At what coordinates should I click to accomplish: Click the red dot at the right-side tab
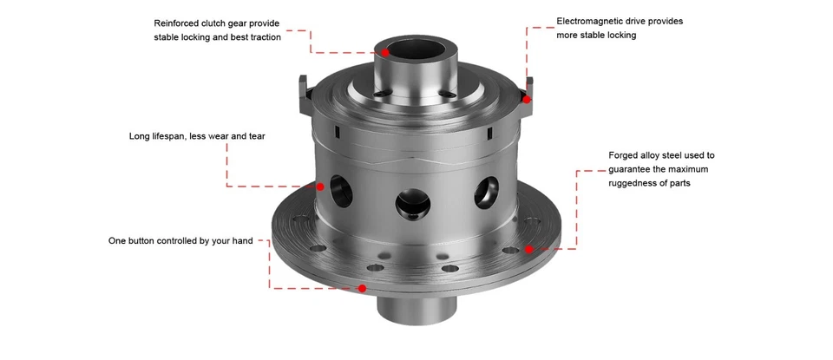(527, 99)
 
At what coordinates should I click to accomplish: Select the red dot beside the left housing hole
(320, 186)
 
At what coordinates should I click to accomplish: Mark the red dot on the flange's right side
(528, 249)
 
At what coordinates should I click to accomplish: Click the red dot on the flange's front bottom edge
(362, 288)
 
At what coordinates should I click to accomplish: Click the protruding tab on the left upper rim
(303, 95)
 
